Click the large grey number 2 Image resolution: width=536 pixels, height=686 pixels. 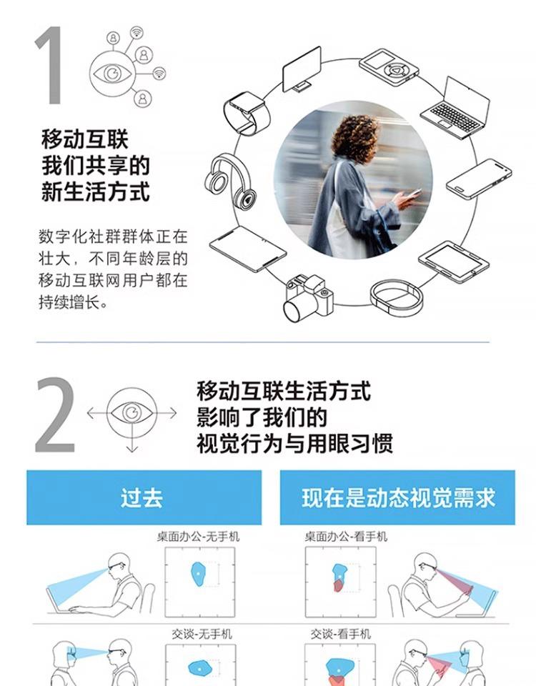[x=55, y=414]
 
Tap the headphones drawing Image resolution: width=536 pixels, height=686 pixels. [x=229, y=181]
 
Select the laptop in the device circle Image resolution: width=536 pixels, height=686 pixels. [x=456, y=108]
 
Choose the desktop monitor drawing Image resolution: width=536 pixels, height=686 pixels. [x=302, y=70]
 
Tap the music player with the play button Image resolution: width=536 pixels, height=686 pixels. [x=389, y=67]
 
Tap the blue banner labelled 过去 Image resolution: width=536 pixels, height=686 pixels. [x=144, y=497]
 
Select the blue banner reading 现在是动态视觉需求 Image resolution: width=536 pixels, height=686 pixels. [x=397, y=497]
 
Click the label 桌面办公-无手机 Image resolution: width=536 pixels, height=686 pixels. [x=198, y=537]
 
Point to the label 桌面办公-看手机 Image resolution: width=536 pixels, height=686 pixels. [x=346, y=537]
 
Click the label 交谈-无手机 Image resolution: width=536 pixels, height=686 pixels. [x=202, y=634]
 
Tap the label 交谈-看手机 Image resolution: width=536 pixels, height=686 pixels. [x=341, y=634]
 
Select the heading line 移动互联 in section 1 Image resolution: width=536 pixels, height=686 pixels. [x=85, y=139]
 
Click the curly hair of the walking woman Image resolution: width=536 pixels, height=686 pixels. [x=354, y=136]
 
